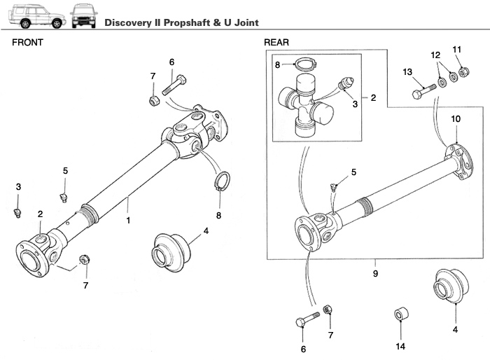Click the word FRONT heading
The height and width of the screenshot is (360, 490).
[27, 42]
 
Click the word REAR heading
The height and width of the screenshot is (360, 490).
[276, 42]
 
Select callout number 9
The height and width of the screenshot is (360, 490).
[375, 273]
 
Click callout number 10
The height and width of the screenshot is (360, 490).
[455, 119]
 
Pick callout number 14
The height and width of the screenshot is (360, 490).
[400, 345]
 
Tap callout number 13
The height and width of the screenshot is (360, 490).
[407, 72]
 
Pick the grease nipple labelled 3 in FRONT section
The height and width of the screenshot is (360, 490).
[19, 211]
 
